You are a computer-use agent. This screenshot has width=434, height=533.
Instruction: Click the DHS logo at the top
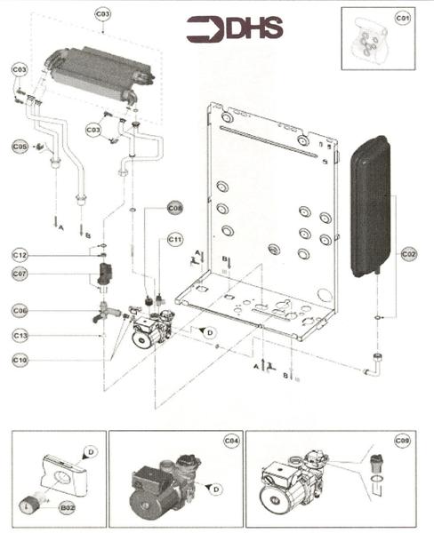point(235,28)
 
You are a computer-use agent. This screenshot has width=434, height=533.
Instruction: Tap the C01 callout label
point(402,18)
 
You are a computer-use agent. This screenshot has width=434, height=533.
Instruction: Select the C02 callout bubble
point(408,255)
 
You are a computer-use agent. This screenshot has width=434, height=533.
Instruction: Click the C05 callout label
point(20,146)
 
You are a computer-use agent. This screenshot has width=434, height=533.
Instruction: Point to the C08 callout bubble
point(175,208)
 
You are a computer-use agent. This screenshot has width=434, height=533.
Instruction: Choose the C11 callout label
point(174,239)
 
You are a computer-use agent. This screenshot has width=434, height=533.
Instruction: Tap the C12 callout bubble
point(20,256)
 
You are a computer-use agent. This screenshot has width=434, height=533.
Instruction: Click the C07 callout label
point(20,274)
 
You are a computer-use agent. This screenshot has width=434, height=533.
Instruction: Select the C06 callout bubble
point(20,310)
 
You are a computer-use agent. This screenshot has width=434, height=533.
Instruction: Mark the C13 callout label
point(20,335)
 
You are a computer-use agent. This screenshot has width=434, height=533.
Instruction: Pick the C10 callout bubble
point(20,360)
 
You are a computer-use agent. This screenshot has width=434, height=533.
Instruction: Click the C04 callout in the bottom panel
point(230,441)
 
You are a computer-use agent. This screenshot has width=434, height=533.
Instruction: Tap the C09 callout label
point(402,441)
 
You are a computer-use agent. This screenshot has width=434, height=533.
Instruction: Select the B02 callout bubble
point(66,507)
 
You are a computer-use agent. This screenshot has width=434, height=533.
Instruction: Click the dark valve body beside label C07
point(107,273)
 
